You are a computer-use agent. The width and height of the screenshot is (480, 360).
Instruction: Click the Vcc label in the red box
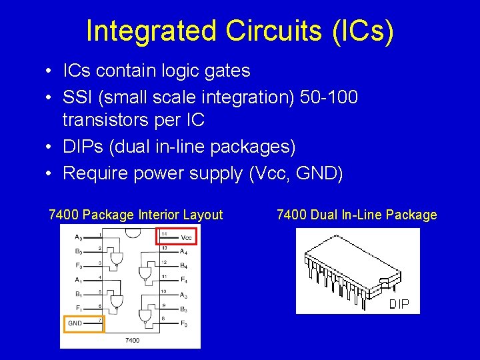click(x=185, y=237)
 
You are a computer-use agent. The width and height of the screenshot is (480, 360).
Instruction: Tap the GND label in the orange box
click(x=75, y=323)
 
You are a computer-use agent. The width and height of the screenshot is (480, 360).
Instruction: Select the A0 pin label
click(x=79, y=237)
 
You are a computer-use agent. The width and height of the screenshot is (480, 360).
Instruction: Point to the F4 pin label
click(x=183, y=280)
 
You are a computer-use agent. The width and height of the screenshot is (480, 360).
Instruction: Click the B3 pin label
click(x=79, y=251)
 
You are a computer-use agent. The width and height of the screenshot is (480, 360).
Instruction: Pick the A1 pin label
click(x=79, y=280)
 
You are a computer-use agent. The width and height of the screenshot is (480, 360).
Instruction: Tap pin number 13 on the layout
click(x=163, y=247)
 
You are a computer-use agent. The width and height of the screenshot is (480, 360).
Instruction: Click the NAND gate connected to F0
click(x=117, y=261)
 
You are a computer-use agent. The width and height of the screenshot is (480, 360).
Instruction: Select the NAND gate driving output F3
click(x=144, y=315)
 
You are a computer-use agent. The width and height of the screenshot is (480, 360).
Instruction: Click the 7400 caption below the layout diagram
click(x=132, y=341)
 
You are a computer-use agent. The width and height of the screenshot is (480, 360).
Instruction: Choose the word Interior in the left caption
click(x=160, y=215)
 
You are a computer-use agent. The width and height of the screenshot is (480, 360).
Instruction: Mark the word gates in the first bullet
click(x=227, y=70)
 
